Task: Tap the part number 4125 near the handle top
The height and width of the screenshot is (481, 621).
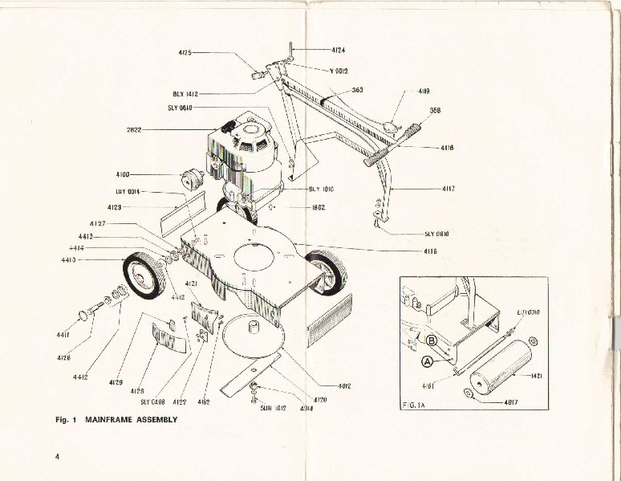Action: point(184,53)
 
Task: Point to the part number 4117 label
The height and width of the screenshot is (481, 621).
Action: point(448,189)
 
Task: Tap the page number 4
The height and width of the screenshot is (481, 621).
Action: point(58,457)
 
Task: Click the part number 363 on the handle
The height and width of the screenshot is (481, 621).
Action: point(358,90)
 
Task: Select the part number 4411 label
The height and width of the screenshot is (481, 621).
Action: point(63,334)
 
